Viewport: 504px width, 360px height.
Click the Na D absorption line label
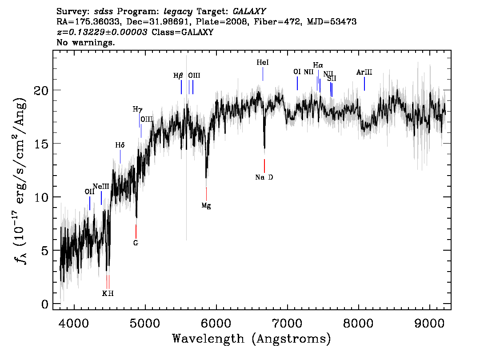point(264,177)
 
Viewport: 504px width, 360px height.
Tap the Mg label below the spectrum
point(206,206)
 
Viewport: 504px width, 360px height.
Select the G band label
point(136,243)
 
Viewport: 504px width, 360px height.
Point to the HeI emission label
point(263,62)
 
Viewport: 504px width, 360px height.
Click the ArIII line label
point(364,72)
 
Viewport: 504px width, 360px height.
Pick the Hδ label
point(120,145)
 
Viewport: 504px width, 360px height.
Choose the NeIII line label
point(101,186)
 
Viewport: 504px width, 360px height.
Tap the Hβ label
point(178,76)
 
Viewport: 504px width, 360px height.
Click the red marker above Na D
point(264,166)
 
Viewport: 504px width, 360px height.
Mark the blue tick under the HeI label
point(263,74)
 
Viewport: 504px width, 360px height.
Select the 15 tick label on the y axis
point(41,144)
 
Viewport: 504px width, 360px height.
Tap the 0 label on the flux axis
point(45,304)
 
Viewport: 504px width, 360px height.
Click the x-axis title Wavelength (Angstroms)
point(252,339)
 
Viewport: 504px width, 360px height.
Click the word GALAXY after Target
point(249,12)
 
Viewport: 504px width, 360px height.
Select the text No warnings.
point(85,42)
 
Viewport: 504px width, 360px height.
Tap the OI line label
point(297,72)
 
